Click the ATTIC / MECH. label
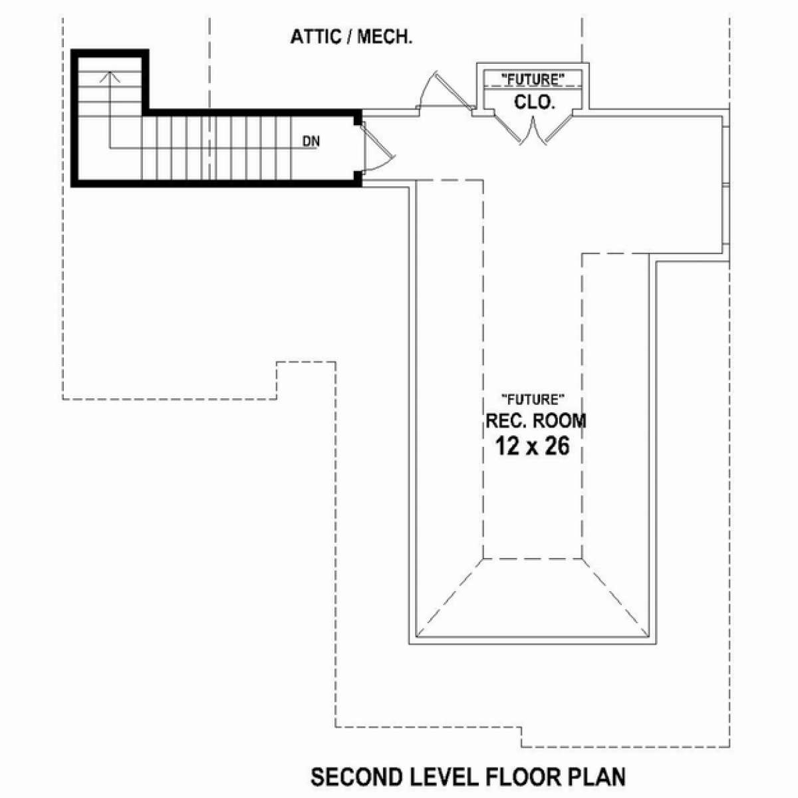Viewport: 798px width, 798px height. tap(351, 37)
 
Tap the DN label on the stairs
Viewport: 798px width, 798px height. tap(311, 142)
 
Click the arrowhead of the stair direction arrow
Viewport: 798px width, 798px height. tap(110, 76)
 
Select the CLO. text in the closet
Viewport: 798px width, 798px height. tap(534, 102)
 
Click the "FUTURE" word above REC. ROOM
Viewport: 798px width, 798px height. tap(533, 400)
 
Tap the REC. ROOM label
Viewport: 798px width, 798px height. tap(536, 421)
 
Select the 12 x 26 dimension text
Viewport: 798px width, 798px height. tap(533, 447)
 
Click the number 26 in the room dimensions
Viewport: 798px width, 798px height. tap(557, 447)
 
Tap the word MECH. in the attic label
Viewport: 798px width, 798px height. tap(385, 37)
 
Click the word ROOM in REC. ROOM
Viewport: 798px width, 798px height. tap(559, 421)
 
